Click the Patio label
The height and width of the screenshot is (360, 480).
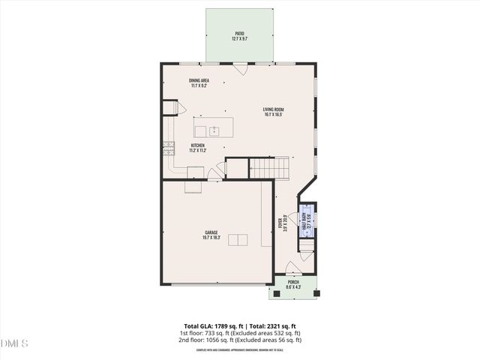(x=239, y=35)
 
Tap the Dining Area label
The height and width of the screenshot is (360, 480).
(x=199, y=82)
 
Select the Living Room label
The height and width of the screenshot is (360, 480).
(x=273, y=112)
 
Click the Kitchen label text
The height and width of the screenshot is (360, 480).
(x=198, y=148)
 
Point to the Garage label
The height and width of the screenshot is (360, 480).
(x=211, y=235)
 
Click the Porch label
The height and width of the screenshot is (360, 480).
(x=292, y=284)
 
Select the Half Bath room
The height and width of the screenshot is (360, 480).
(x=307, y=223)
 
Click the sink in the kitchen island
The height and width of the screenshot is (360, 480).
(x=214, y=130)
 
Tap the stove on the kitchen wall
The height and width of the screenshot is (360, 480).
(x=168, y=148)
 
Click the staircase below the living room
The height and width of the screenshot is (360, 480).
(x=268, y=168)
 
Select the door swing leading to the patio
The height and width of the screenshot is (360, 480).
(x=239, y=69)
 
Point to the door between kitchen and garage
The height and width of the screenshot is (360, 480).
(x=215, y=174)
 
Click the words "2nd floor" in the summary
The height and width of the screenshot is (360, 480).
(x=188, y=340)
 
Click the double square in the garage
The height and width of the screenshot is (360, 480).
(x=238, y=240)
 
